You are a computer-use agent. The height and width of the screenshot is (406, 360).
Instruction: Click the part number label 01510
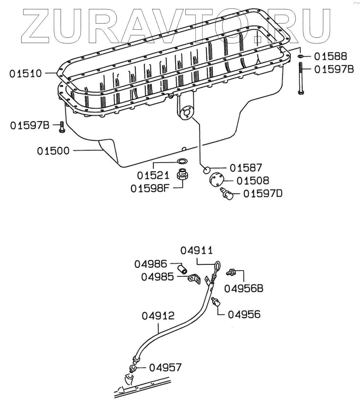coord(25,74)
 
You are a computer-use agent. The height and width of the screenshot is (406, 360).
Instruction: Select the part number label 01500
coord(53,150)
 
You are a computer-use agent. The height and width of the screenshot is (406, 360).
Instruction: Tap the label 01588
coord(330,57)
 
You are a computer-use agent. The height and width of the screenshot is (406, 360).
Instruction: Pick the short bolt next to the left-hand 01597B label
coord(61,127)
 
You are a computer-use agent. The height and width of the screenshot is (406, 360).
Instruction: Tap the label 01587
coord(246,168)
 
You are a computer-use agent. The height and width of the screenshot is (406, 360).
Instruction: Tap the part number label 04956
coord(244,314)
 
